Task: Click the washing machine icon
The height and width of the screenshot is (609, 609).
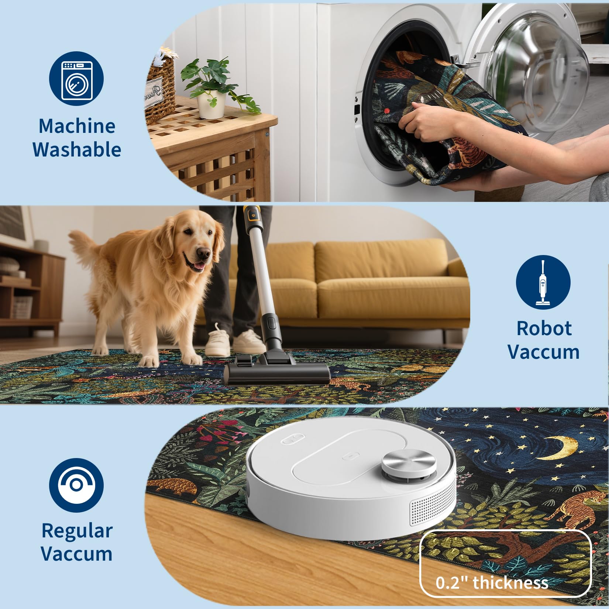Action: point(76,78)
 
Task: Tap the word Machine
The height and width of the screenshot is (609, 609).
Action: point(77,126)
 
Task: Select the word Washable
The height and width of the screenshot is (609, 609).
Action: point(77,149)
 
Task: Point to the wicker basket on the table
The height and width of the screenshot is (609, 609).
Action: point(159,89)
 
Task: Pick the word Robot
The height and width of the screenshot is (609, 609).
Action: point(544,328)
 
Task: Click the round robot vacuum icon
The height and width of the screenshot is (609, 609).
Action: point(76,485)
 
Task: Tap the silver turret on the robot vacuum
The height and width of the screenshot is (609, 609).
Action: point(409,464)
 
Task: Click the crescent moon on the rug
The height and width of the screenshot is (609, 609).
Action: point(561,447)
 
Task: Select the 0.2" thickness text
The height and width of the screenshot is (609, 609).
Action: point(492,582)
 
